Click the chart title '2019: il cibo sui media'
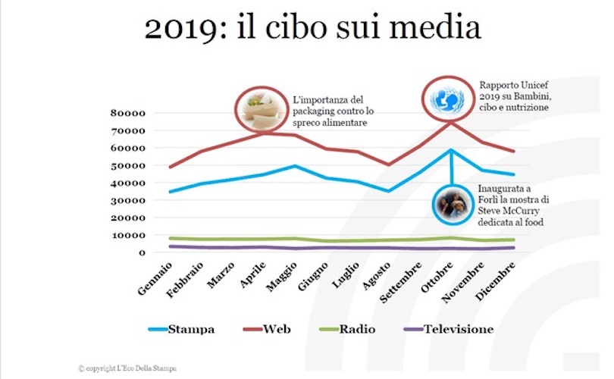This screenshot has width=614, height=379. click(312, 30)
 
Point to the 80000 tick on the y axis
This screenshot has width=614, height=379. click(128, 114)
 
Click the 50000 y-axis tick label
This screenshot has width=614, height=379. click(128, 166)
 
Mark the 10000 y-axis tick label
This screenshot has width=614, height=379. click(128, 236)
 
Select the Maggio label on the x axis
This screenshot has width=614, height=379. click(282, 276)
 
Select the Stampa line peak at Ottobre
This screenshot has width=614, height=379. click(451, 150)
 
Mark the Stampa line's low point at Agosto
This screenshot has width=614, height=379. click(388, 191)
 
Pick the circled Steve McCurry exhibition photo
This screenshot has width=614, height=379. click(452, 205)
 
